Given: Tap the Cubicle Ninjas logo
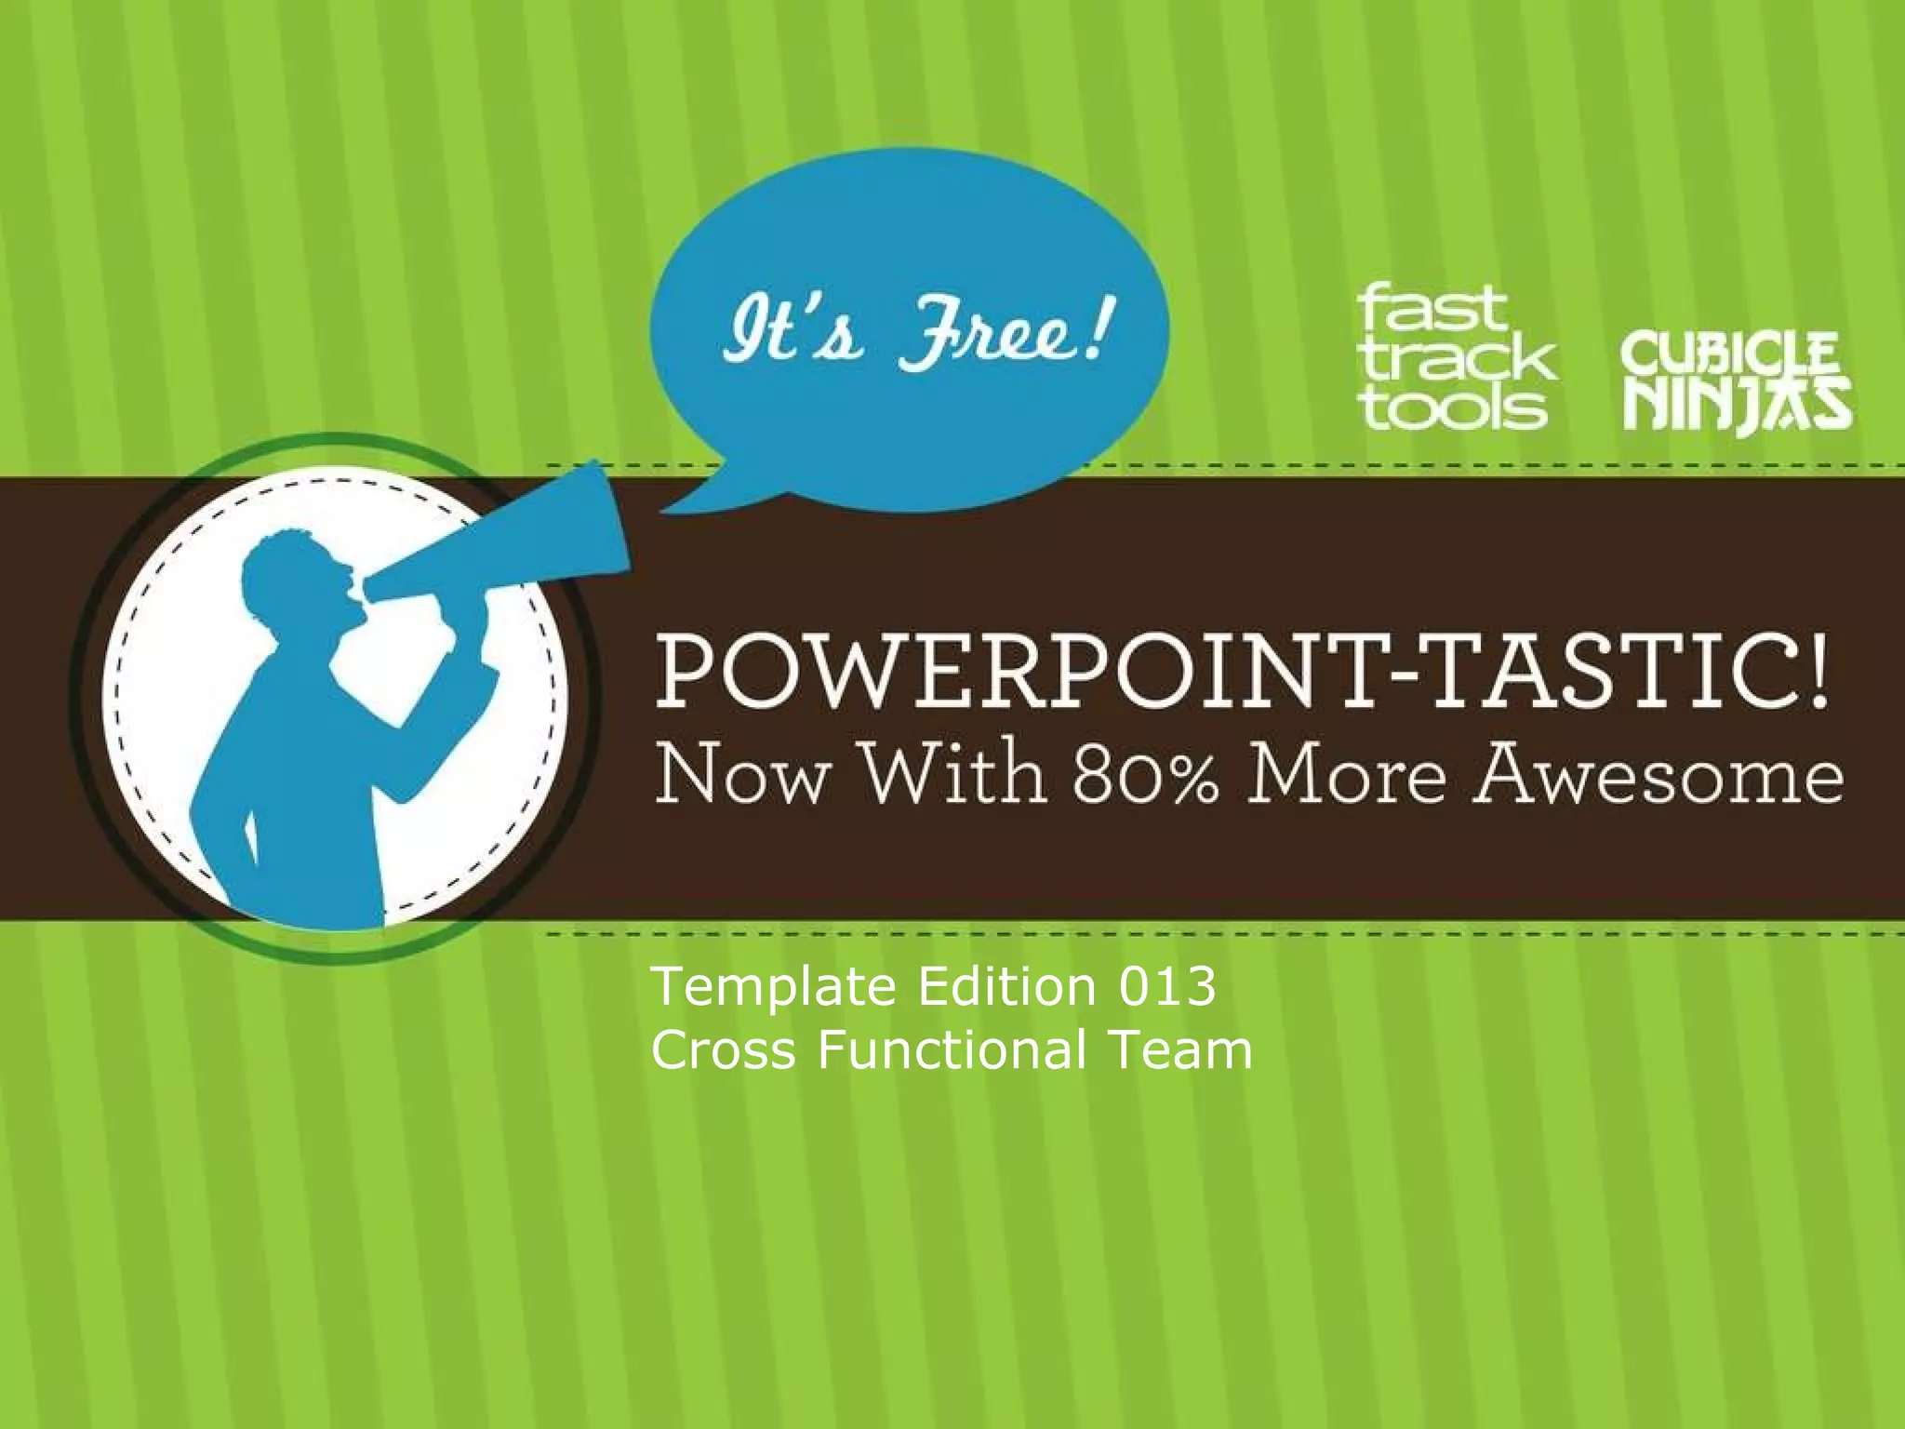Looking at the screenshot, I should tap(1736, 382).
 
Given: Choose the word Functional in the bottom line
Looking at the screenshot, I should tap(952, 1050).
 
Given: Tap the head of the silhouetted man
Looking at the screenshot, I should tap(296, 577).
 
